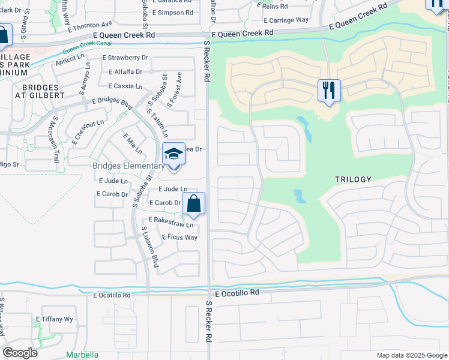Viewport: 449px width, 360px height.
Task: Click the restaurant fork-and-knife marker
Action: pyautogui.click(x=329, y=91)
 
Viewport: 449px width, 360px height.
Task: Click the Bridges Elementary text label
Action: pyautogui.click(x=128, y=166)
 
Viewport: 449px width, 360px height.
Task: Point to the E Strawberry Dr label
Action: pyautogui.click(x=125, y=58)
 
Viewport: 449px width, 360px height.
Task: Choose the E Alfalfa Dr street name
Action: pyautogui.click(x=125, y=71)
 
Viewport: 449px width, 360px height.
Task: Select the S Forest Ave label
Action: pyautogui.click(x=173, y=90)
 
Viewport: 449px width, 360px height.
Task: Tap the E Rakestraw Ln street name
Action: pyautogui.click(x=171, y=223)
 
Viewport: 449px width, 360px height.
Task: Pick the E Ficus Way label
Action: pyautogui.click(x=179, y=238)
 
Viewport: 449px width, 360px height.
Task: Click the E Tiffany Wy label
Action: pyautogui.click(x=55, y=319)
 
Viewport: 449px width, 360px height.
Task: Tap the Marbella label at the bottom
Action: pyautogui.click(x=82, y=355)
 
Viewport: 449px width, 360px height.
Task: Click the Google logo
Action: pyautogui.click(x=20, y=353)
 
